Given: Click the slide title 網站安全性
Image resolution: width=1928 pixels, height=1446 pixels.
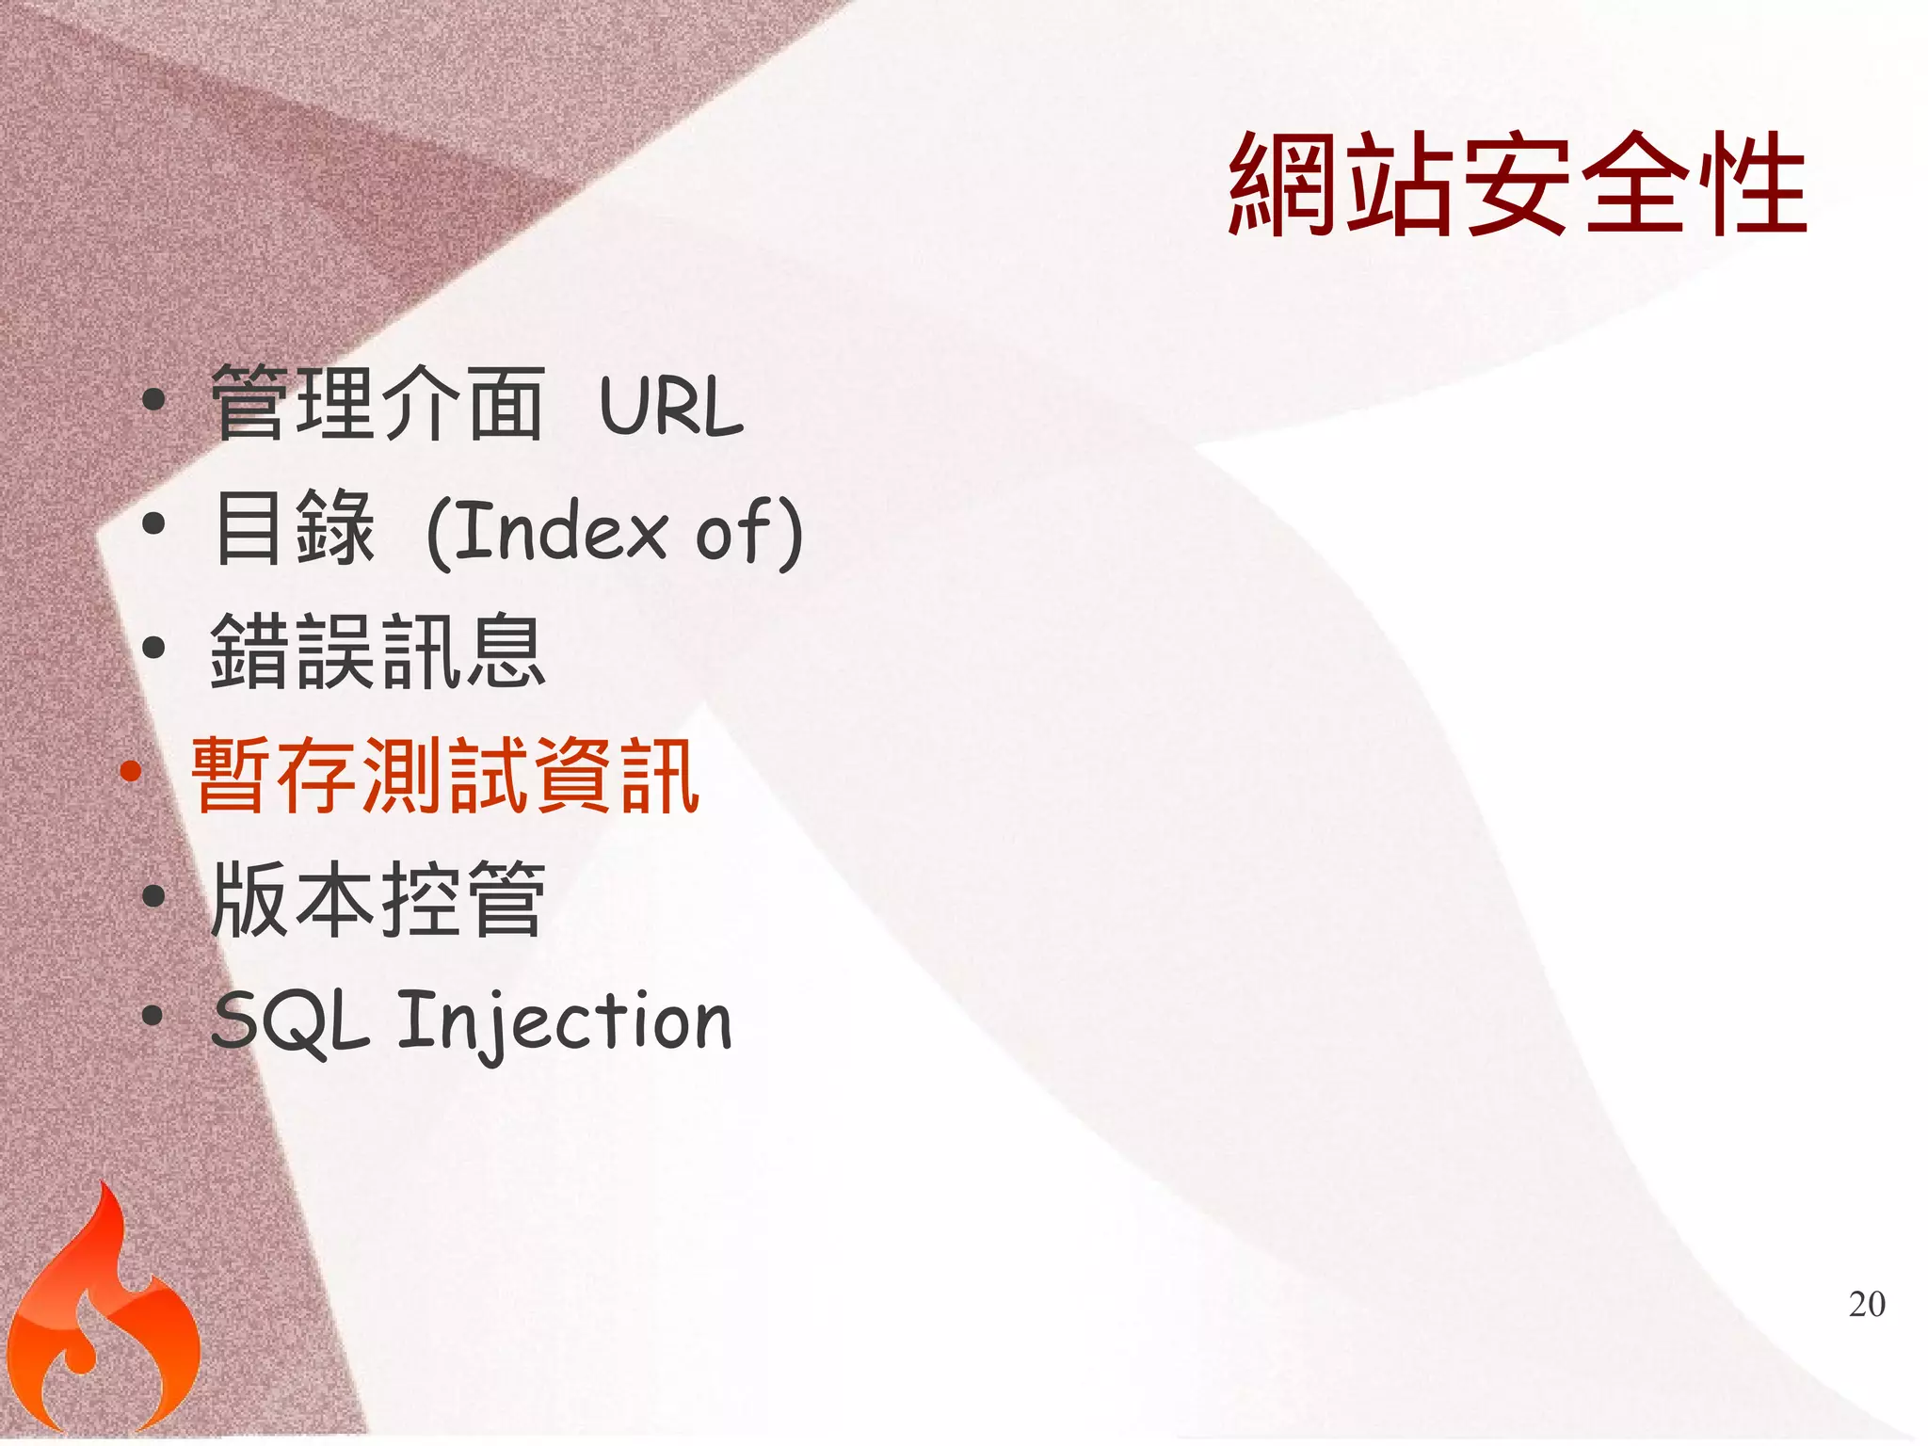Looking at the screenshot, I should (x=1517, y=185).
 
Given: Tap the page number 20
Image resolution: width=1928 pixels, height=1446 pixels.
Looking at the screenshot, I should (x=1867, y=1305).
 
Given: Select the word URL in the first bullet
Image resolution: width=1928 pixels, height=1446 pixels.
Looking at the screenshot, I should (x=671, y=407).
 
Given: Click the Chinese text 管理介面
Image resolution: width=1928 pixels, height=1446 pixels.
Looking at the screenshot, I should (x=378, y=405).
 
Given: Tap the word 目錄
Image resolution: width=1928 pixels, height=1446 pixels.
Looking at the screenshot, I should (x=295, y=528).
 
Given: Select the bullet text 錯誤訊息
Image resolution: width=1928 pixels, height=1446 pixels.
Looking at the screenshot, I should (x=378, y=651).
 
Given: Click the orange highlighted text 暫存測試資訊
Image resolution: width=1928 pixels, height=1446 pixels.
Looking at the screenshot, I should (x=445, y=775).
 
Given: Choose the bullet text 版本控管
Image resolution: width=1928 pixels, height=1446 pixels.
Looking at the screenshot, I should (x=378, y=899).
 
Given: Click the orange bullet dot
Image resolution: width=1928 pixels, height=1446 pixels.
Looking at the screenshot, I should (x=131, y=773).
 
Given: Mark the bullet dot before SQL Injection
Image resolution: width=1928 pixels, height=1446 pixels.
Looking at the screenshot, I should (x=153, y=1017).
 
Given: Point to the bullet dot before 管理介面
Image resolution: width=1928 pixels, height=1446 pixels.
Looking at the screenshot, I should (x=153, y=401).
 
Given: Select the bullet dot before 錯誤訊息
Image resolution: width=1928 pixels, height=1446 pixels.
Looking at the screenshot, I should (x=153, y=648).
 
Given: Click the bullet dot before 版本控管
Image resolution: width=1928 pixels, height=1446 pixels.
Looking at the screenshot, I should (x=153, y=895).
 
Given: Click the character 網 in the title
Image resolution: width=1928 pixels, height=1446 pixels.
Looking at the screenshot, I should (x=1285, y=185).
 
